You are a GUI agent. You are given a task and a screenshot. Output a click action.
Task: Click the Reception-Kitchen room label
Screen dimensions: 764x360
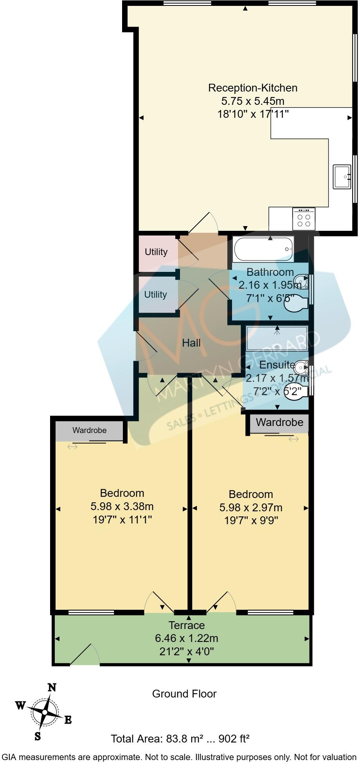[252, 88]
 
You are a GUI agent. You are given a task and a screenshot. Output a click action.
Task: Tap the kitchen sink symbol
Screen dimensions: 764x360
[342, 177]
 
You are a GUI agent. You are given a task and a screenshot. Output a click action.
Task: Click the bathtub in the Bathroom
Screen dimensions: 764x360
[263, 249]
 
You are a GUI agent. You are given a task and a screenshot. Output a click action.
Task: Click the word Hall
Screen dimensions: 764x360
[191, 343]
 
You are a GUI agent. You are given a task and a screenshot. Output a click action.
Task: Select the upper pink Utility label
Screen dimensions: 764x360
[156, 252]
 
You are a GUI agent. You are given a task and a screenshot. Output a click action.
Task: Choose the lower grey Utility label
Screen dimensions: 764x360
[155, 295]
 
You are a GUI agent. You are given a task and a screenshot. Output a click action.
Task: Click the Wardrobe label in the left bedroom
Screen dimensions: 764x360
[89, 430]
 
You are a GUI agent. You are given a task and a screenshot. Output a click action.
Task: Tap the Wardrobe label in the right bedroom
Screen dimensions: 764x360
[279, 422]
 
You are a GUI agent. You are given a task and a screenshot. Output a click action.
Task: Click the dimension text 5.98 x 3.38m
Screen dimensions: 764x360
[122, 507]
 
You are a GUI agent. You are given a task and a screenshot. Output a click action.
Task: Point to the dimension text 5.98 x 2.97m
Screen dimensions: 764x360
[250, 508]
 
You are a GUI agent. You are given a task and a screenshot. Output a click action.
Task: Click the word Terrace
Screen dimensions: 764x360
[187, 625]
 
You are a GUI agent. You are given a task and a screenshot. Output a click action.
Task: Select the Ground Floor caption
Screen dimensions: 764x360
[184, 694]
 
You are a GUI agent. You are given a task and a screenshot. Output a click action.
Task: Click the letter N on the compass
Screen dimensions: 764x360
[52, 688]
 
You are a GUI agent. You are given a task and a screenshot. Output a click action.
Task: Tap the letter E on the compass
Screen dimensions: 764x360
[68, 720]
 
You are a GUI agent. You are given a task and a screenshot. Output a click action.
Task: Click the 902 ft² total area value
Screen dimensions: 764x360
[234, 739]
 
